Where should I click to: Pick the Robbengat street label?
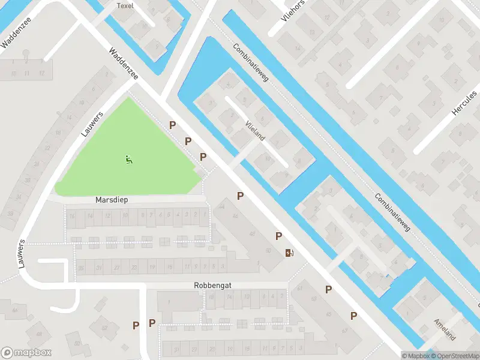coord(212,286)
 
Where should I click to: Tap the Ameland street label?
coord(445,329)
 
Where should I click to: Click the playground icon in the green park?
coord(129,160)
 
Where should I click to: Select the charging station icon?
coord(290,253)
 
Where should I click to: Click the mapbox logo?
coord(25,352)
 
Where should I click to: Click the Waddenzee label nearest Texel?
coord(124,64)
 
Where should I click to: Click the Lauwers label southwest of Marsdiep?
coord(22,253)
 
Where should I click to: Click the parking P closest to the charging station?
coord(278,236)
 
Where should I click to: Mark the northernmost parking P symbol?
coord(173,125)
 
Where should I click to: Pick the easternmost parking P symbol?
coord(354,315)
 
